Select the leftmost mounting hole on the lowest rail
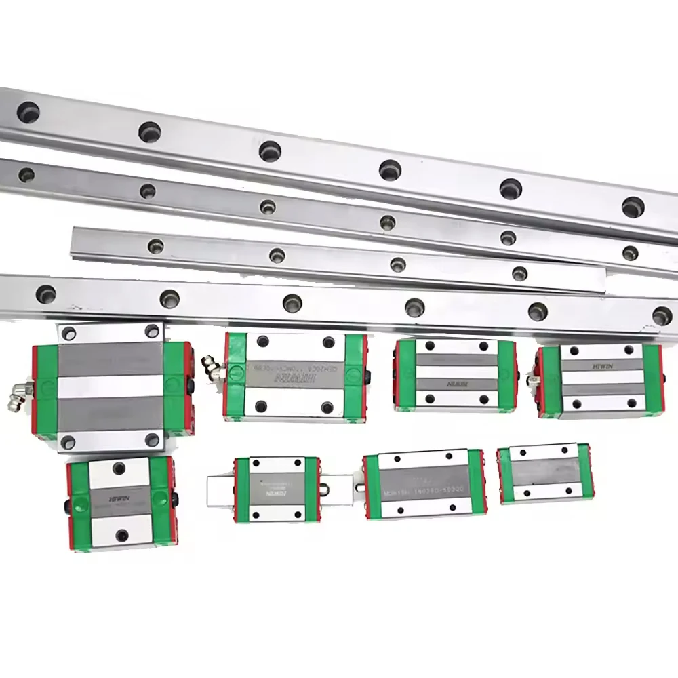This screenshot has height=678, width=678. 46,294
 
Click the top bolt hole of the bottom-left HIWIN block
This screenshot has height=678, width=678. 122,466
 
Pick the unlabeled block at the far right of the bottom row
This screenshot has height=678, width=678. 544,473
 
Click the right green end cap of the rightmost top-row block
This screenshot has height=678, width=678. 652,380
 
